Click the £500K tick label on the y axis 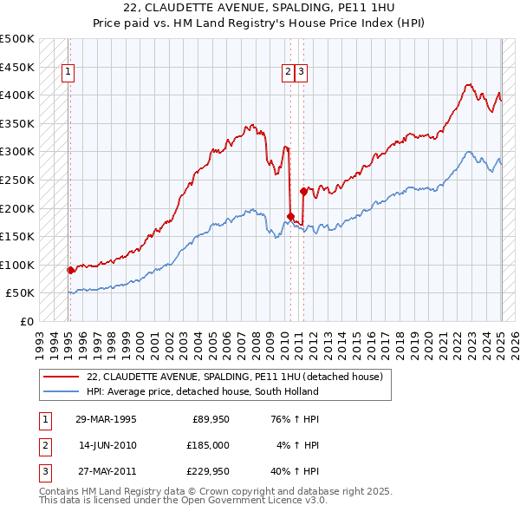point(17,39)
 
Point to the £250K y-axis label point(17,180)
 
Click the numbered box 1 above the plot point(68,73)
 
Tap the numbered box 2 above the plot point(287,73)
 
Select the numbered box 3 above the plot point(300,73)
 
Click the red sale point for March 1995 point(71,270)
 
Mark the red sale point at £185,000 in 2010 point(291,217)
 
